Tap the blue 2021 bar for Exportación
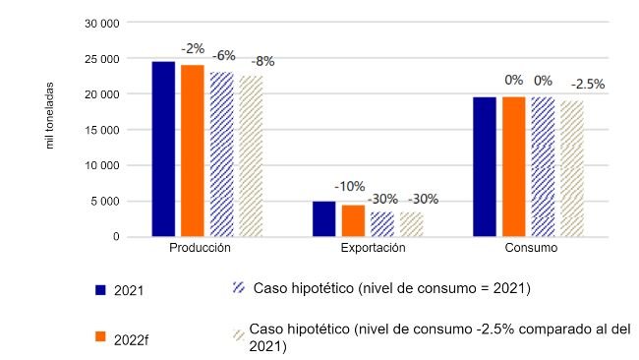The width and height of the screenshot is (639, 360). (324, 219)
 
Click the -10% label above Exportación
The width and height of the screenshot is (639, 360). (350, 186)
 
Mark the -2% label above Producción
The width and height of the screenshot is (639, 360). (192, 47)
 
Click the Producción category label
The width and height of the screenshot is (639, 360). (201, 250)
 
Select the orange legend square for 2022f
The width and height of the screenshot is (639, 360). (100, 336)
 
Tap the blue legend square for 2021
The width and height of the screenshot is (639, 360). (100, 290)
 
